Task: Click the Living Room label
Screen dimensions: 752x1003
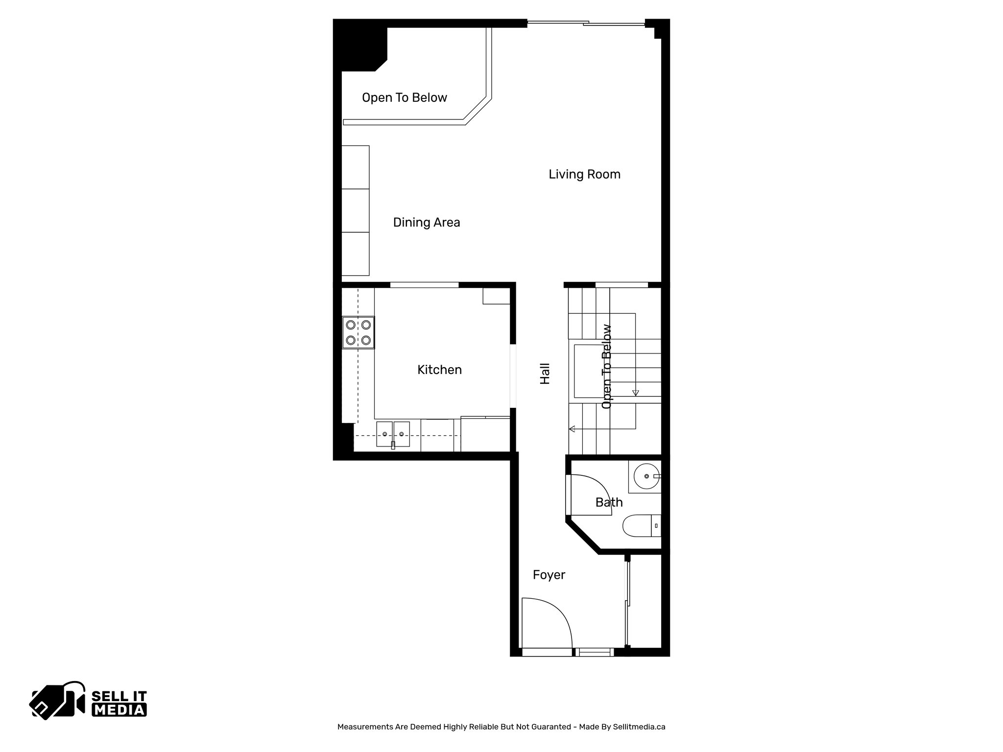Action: [584, 174]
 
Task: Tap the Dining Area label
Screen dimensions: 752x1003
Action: [426, 223]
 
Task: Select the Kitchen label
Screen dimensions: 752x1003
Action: [439, 370]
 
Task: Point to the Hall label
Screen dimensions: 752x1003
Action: [545, 374]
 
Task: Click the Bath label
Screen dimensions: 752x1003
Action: [609, 502]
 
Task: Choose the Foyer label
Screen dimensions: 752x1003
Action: [549, 575]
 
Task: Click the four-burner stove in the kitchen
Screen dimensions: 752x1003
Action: [358, 332]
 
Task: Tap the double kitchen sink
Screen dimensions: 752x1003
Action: [393, 434]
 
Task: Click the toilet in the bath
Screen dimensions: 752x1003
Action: [641, 526]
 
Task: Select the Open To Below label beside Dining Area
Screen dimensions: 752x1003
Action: [404, 98]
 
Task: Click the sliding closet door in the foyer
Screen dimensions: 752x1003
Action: [627, 605]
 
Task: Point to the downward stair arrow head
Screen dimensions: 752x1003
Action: [635, 393]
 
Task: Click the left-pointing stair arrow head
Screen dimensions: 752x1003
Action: [572, 429]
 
